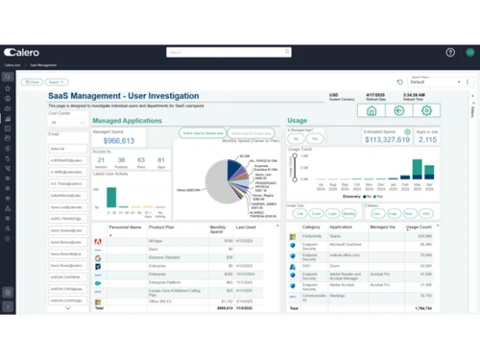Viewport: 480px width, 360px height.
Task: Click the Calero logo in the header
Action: (x=22, y=53)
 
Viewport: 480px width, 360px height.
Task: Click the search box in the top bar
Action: (x=228, y=52)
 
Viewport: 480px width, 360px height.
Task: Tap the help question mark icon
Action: (x=450, y=53)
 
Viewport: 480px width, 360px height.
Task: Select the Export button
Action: (x=57, y=83)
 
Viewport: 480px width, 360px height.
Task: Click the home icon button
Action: (x=372, y=110)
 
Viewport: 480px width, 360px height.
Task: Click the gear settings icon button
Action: (x=427, y=110)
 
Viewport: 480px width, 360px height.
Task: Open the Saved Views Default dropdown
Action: (x=437, y=83)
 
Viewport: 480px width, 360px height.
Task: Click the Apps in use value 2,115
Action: (x=427, y=141)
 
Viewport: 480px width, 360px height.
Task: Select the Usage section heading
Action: (x=297, y=121)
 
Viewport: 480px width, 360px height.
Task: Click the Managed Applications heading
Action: (x=127, y=121)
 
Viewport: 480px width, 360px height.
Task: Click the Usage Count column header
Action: (x=419, y=228)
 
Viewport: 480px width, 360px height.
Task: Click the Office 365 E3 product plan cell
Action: (x=162, y=302)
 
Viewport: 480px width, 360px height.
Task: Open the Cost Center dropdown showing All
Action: (x=67, y=123)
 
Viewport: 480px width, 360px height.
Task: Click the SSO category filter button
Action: (x=426, y=213)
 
